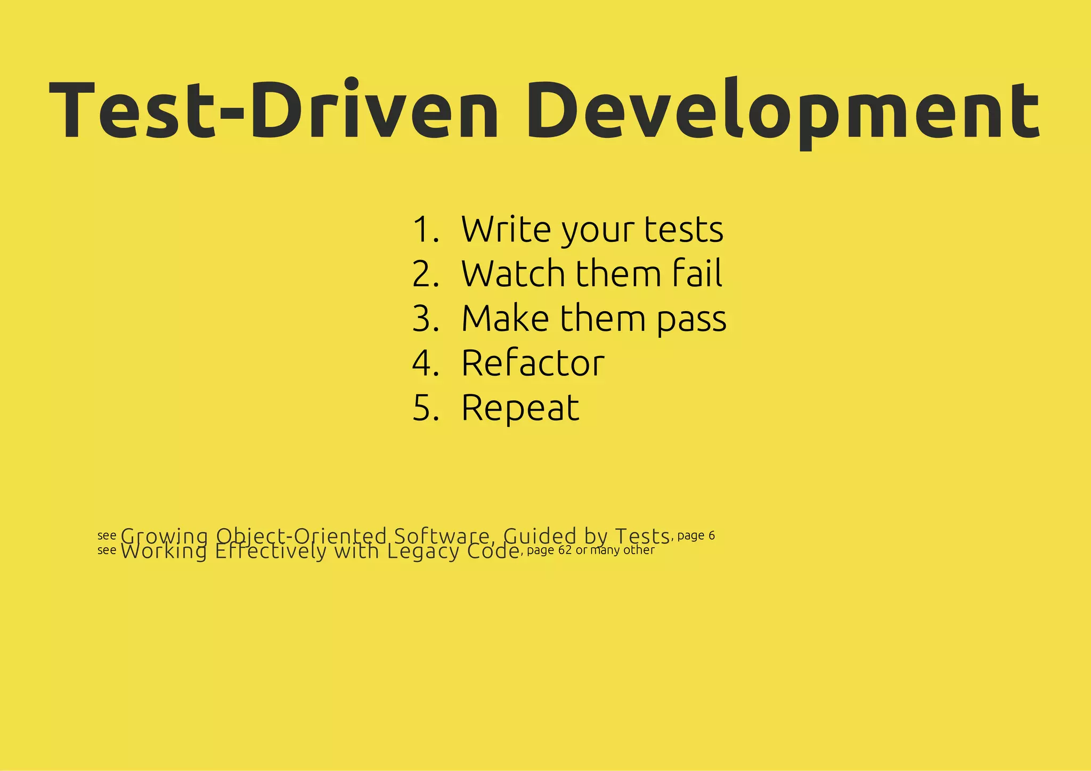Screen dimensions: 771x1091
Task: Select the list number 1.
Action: pyautogui.click(x=425, y=230)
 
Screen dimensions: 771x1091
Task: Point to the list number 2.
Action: pyautogui.click(x=425, y=274)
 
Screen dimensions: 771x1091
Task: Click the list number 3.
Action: pyautogui.click(x=425, y=319)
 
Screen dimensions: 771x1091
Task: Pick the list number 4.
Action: pyautogui.click(x=425, y=363)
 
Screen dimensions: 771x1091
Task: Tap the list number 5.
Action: pyautogui.click(x=425, y=408)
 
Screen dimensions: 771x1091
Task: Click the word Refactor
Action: pyautogui.click(x=533, y=363)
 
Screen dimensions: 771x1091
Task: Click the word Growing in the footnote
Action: pyautogui.click(x=164, y=536)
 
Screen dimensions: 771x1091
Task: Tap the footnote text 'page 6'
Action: pyautogui.click(x=696, y=535)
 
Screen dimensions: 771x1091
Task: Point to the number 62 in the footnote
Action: pyautogui.click(x=565, y=550)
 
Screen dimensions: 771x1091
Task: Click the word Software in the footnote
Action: pyautogui.click(x=441, y=535)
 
